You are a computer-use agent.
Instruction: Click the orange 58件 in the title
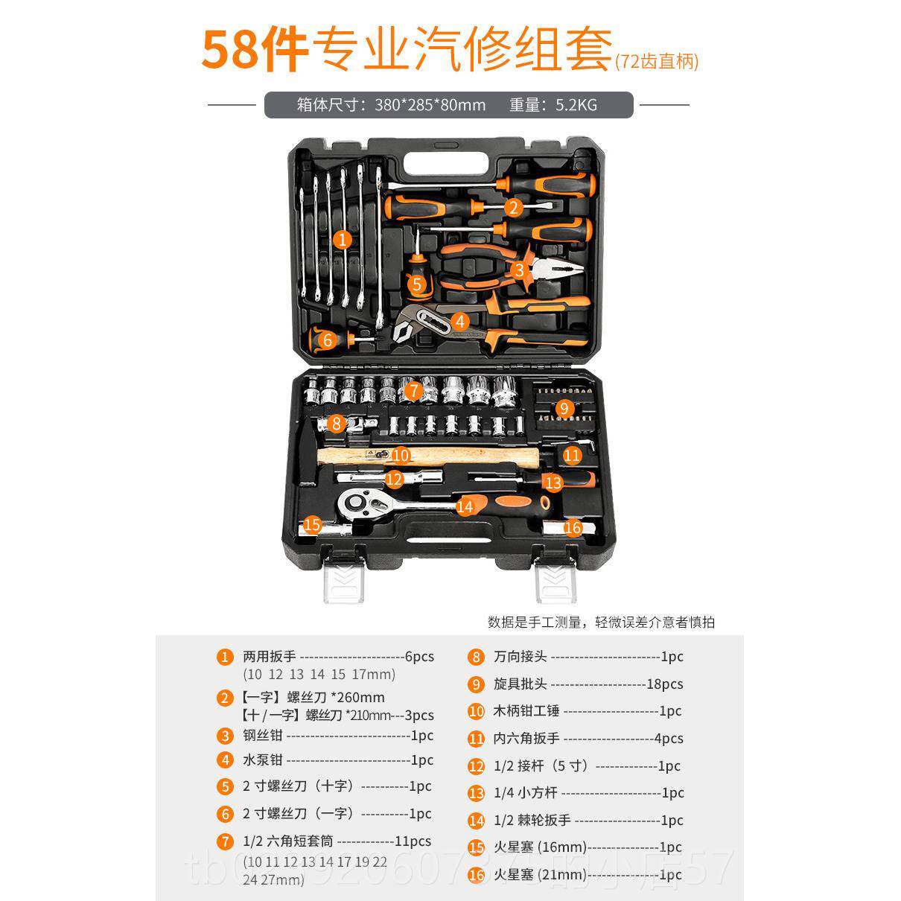(255, 51)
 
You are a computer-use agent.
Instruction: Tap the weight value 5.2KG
(576, 105)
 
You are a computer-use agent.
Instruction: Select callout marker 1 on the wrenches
(342, 240)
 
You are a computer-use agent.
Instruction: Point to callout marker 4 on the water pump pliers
(460, 322)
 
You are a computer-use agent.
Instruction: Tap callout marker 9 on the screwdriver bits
(564, 408)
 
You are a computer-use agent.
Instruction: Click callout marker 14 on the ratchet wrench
(465, 507)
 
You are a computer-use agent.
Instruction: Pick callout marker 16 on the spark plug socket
(572, 528)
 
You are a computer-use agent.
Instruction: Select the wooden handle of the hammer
(447, 456)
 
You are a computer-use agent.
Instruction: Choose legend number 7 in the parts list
(225, 841)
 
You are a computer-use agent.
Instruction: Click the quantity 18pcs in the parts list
(665, 684)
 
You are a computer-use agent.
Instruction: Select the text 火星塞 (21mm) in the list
(541, 874)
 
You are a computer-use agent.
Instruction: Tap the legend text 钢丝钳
(263, 736)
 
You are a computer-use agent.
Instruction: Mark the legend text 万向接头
(520, 657)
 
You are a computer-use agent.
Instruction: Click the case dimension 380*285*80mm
(430, 105)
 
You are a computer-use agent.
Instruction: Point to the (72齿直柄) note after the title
(657, 62)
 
